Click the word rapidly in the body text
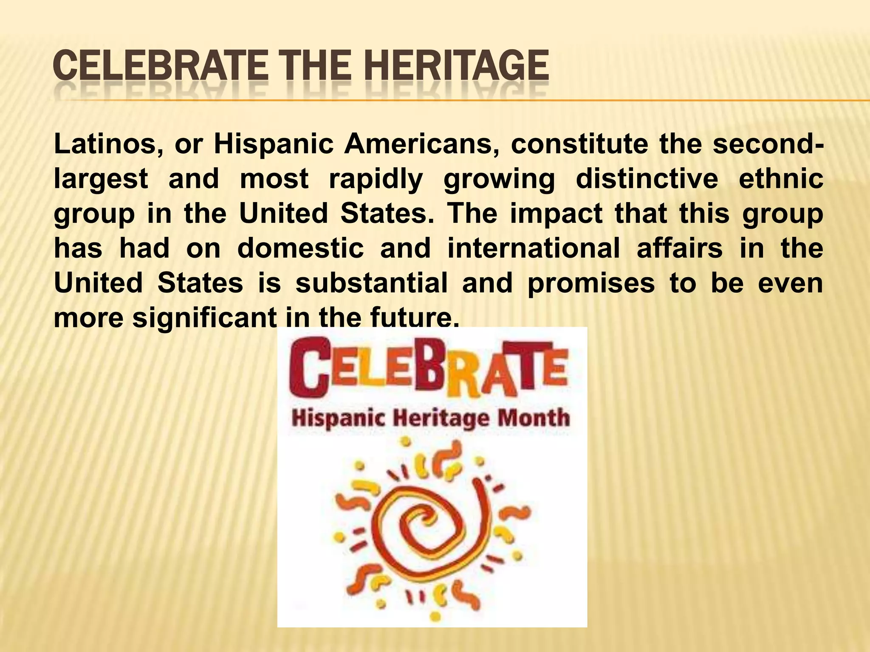click(376, 179)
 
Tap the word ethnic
click(781, 179)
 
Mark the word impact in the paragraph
click(556, 214)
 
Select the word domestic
click(300, 248)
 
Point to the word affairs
click(680, 248)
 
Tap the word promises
click(591, 283)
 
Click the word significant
click(204, 318)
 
